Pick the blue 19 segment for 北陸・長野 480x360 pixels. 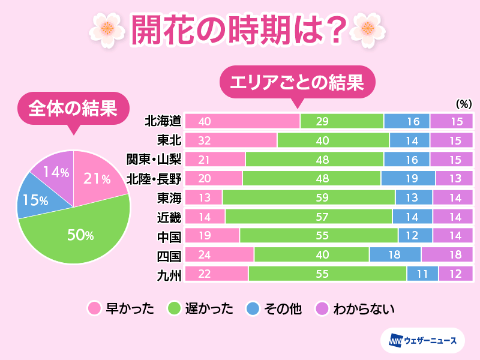pos(408,178)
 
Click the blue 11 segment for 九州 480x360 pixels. pos(422,274)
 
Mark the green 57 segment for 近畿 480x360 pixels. pos(308,216)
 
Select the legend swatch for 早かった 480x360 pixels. pos(94,309)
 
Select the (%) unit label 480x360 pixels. pos(464,104)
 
